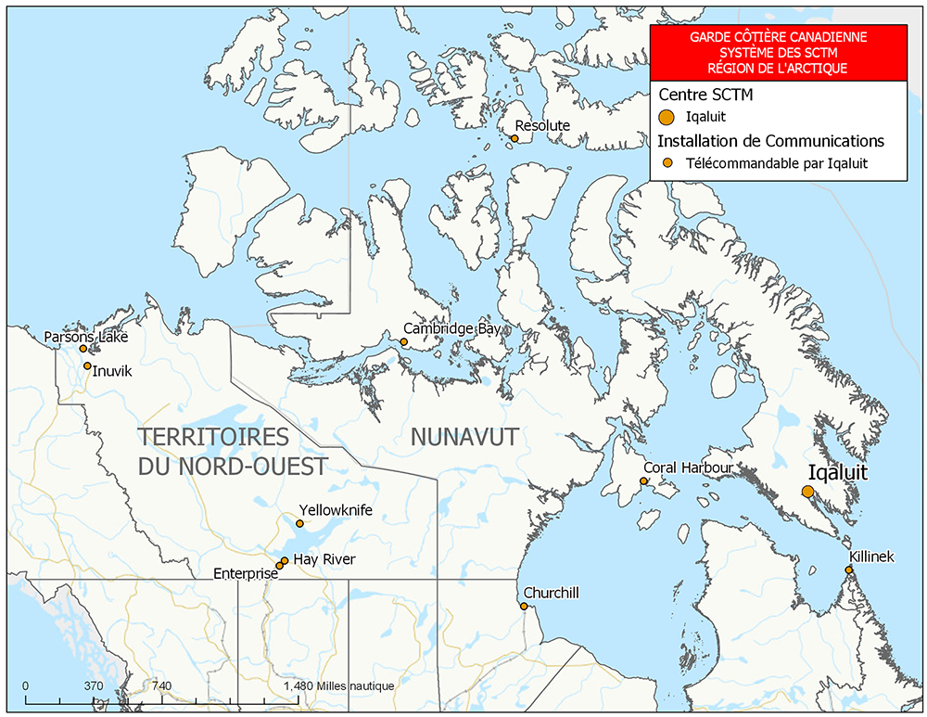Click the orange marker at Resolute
[x=514, y=139]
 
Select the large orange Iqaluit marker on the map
[x=808, y=491]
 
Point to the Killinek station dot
[x=848, y=570]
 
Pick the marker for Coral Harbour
[x=644, y=480]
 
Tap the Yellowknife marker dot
[x=299, y=523]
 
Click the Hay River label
[x=324, y=559]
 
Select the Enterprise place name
[x=246, y=574]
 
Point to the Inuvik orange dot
[x=87, y=365]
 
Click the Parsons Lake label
[x=86, y=337]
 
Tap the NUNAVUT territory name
[x=463, y=437]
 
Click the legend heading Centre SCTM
[x=705, y=95]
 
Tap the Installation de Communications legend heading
[x=770, y=141]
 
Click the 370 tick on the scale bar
[x=93, y=685]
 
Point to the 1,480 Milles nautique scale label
[x=339, y=685]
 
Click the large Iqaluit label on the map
[x=837, y=471]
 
